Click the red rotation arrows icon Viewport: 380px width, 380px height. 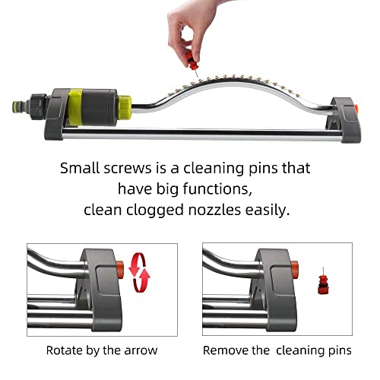(139, 273)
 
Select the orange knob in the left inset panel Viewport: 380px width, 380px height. (120, 270)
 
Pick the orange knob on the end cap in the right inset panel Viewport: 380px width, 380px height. (294, 270)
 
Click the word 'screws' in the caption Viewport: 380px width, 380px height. (128, 168)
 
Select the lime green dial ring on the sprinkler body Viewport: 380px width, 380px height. (75, 107)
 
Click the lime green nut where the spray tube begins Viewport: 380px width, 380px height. (125, 105)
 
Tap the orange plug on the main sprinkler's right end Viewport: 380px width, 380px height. (356, 109)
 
